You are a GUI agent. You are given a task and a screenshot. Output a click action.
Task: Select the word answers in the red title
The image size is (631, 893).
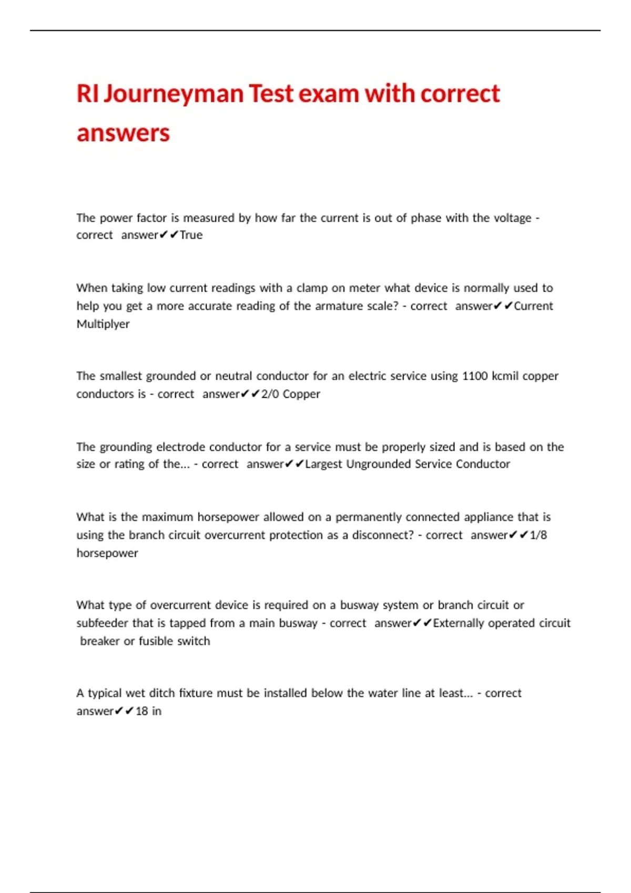pos(123,133)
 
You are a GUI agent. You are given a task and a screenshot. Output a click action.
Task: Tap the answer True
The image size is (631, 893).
pos(191,235)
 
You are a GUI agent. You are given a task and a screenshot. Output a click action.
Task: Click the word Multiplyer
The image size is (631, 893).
pos(103,324)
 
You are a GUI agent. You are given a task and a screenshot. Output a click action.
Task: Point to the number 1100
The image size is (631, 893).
pos(474,376)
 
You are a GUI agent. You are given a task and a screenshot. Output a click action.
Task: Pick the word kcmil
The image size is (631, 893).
pos(505,376)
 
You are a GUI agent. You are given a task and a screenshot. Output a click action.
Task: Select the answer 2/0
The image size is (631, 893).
pos(270,394)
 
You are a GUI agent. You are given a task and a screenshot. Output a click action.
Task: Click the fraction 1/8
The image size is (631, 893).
pos(538,535)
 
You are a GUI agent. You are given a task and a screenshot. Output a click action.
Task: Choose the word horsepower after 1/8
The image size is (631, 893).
pos(107,553)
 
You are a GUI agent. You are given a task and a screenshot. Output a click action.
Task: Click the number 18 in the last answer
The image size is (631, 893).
pos(141,711)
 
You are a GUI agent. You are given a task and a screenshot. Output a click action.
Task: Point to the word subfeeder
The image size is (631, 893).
pos(102,623)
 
